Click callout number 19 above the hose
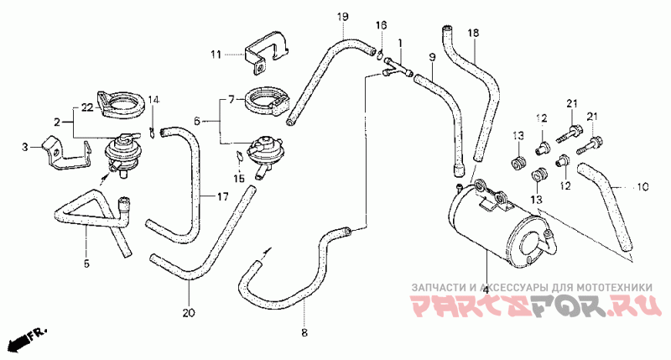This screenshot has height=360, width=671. tap(342, 18)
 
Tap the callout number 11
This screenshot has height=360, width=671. tap(216, 55)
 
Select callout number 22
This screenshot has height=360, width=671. tap(26, 147)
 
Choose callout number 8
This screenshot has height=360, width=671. tap(304, 333)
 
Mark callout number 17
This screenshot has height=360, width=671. tap(222, 197)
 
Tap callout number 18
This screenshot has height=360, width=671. tap(473, 32)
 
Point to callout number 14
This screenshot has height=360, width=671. tap(153, 101)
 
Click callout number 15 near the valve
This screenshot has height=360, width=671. tap(239, 179)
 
